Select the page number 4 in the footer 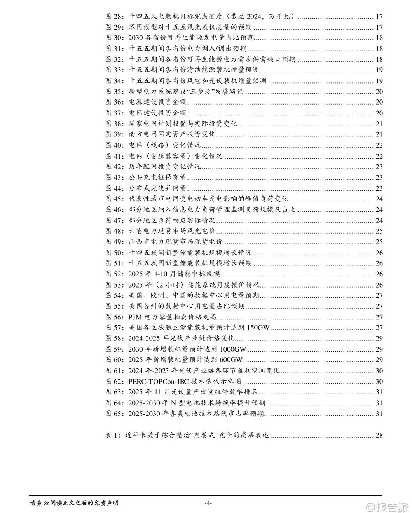pyautogui.click(x=208, y=503)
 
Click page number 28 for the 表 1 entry pyautogui.click(x=379, y=435)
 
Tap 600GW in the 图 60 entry pyautogui.click(x=231, y=360)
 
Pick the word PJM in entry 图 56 pyautogui.click(x=135, y=317)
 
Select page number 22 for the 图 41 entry pyautogui.click(x=379, y=156)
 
